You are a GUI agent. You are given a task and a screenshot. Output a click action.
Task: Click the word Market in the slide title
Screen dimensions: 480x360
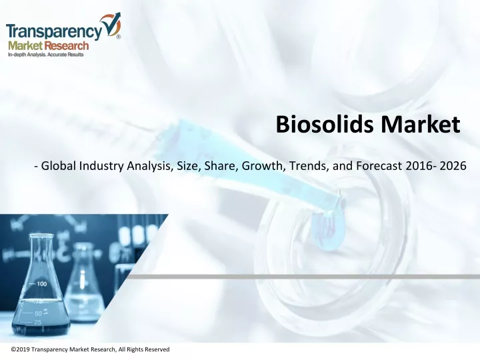coord(421,124)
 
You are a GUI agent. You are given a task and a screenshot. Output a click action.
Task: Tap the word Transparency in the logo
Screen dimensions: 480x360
coord(54,32)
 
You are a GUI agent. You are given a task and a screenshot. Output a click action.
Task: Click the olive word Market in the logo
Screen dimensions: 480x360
coord(25,46)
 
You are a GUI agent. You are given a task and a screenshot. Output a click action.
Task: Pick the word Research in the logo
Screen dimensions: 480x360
coord(66,46)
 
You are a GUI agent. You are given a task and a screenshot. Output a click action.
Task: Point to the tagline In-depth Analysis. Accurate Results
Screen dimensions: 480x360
coord(45,55)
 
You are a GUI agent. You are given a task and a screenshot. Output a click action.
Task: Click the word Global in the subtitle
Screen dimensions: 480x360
coord(59,165)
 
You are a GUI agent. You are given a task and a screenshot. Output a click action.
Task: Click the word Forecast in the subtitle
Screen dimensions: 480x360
coord(379,165)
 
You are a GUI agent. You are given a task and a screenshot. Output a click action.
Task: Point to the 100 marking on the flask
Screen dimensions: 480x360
coord(41,284)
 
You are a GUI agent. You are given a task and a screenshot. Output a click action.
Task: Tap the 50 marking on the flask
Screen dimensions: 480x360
coord(38,313)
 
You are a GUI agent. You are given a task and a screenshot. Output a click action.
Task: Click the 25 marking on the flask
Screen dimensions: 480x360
coord(37,322)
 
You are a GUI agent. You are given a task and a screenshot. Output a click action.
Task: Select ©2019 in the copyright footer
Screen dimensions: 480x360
coord(21,349)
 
